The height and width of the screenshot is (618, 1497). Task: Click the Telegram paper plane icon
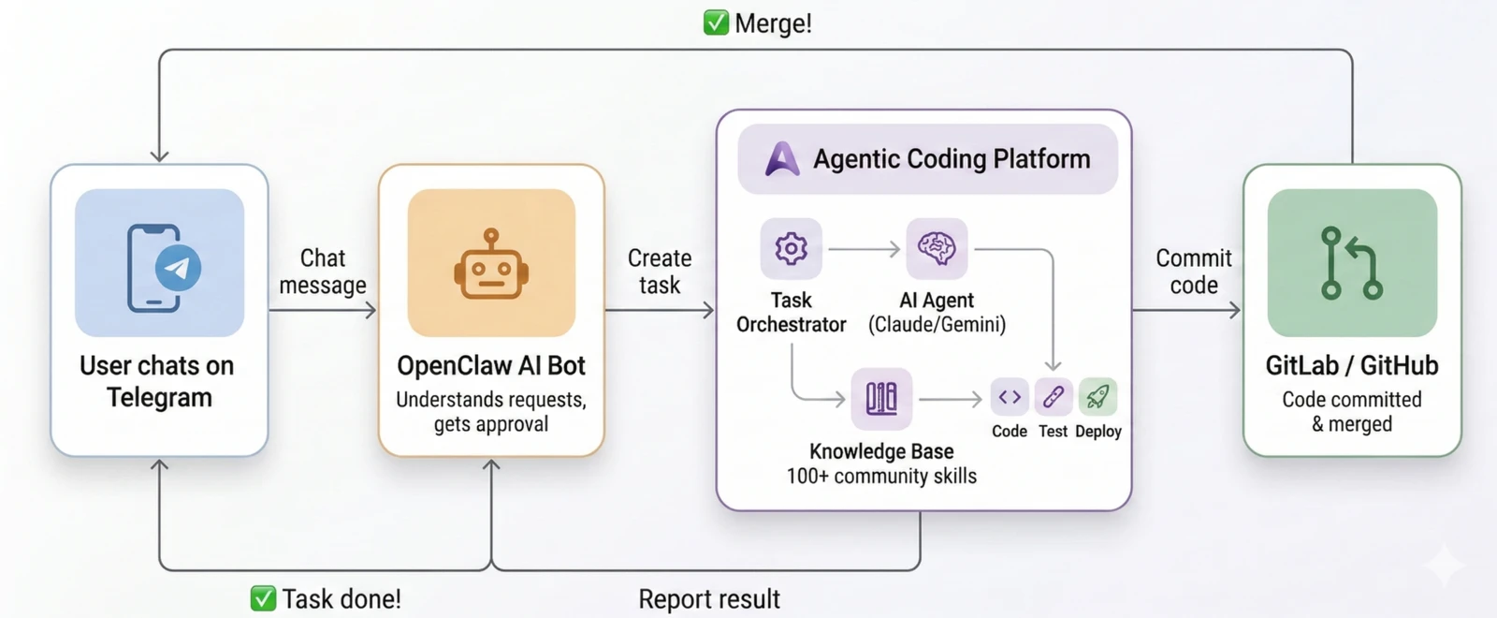(x=177, y=269)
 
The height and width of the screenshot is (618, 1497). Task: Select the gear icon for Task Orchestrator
(x=791, y=248)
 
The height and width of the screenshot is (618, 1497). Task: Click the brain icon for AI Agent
(x=937, y=248)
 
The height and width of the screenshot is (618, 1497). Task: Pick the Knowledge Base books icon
(x=881, y=398)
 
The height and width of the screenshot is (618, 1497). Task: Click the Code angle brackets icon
(x=1010, y=397)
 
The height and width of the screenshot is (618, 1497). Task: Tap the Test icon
(x=1053, y=397)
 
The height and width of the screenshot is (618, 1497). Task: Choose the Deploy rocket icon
(x=1097, y=397)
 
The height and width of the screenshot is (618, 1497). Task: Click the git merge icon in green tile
(x=1351, y=263)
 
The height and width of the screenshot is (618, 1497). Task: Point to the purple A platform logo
(x=782, y=159)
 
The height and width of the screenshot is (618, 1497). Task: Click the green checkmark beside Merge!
(x=716, y=22)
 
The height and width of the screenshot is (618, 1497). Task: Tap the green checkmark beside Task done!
(x=263, y=598)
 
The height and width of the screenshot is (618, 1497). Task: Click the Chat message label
(x=323, y=272)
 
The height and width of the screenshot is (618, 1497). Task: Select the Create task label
(x=660, y=272)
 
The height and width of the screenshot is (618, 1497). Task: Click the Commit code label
(x=1194, y=272)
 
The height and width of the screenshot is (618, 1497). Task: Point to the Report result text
(x=709, y=599)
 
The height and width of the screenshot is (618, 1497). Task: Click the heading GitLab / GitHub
(x=1351, y=365)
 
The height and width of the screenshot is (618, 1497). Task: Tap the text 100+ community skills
(x=881, y=476)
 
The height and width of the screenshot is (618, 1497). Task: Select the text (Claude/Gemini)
(x=937, y=325)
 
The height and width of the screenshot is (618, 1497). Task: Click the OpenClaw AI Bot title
(x=491, y=365)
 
